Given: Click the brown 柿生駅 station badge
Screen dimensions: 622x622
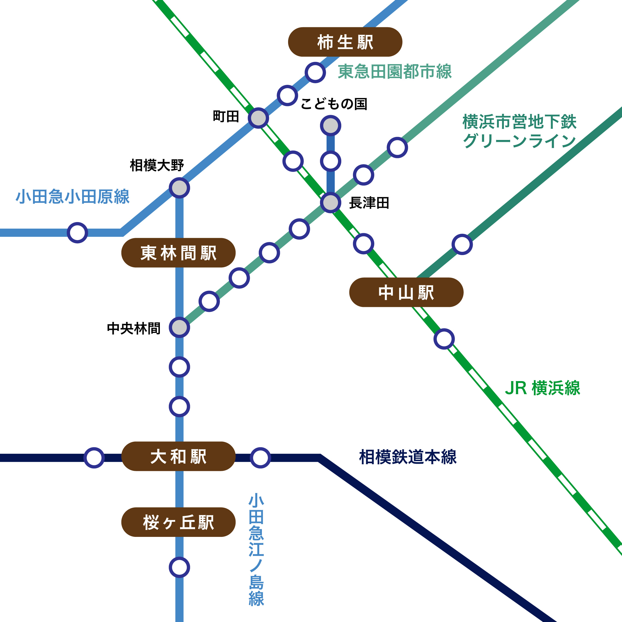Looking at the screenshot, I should tap(345, 42).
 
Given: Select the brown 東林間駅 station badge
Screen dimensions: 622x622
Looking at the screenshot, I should tap(178, 253).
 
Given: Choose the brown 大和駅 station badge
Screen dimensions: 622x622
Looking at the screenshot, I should tap(178, 456).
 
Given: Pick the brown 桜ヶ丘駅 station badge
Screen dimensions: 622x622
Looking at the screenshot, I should tap(178, 522).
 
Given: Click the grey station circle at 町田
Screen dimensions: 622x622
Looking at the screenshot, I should tap(258, 118).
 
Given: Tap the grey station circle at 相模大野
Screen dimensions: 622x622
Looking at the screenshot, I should tap(179, 188).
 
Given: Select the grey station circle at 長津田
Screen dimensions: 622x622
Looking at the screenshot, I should tap(331, 203).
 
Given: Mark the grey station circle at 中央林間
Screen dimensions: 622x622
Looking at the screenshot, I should tap(179, 327).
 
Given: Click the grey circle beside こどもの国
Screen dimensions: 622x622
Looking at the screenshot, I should tap(331, 125).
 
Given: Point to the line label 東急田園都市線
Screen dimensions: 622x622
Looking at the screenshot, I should tap(395, 71).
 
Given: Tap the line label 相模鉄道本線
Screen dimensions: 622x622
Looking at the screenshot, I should tap(408, 457).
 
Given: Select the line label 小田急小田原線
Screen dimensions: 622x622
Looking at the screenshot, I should tap(73, 197).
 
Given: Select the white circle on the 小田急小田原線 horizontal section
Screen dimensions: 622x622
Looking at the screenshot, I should tap(77, 232).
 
